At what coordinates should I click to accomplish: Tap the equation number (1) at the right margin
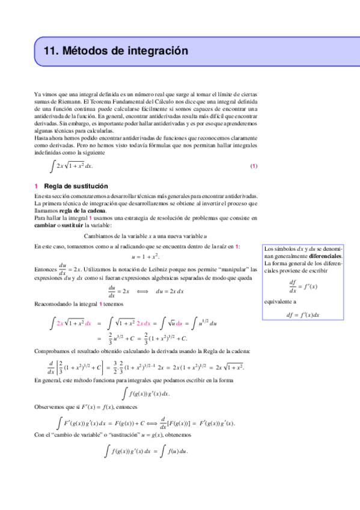(x=254, y=166)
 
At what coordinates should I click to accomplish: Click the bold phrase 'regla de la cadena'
(x=80, y=211)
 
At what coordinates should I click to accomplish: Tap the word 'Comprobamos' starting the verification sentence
(x=55, y=351)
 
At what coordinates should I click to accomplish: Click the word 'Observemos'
(x=52, y=408)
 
